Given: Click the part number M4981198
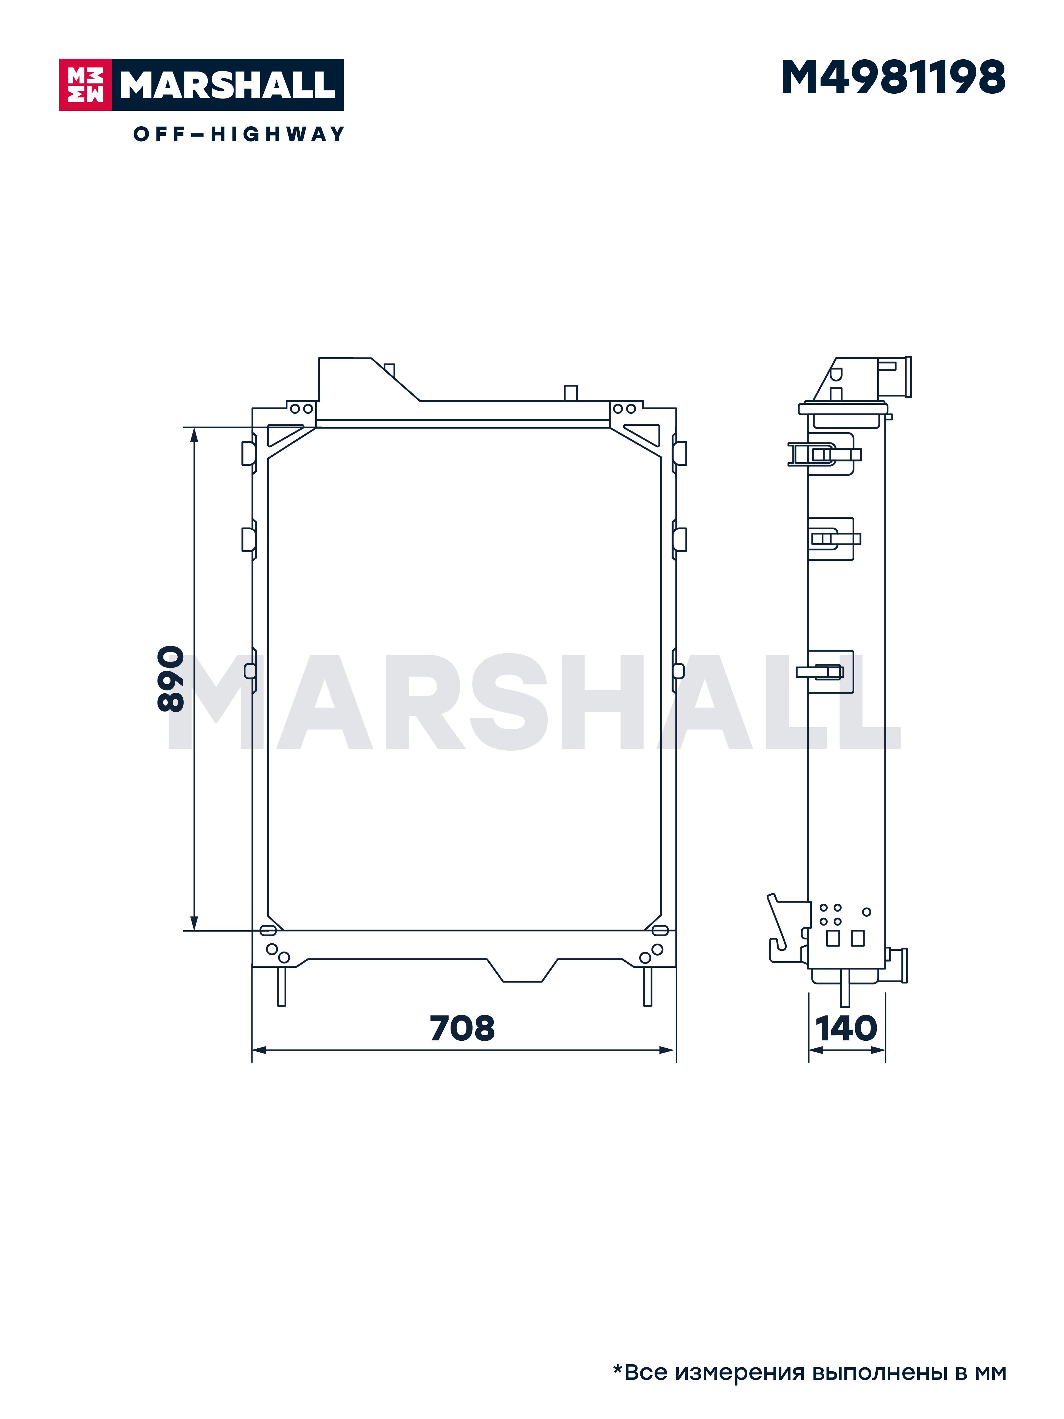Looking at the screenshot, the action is (x=893, y=78).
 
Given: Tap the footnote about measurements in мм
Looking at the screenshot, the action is (x=809, y=1372).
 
